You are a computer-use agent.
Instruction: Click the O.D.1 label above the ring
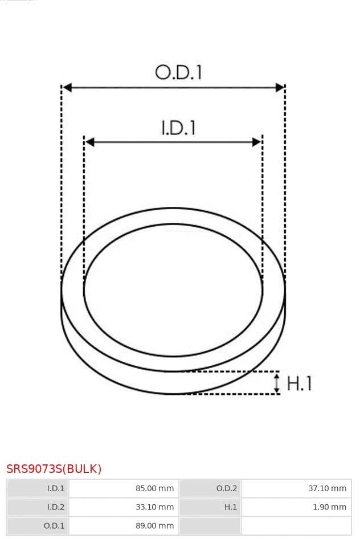(x=179, y=72)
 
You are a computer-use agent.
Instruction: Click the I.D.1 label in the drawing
(x=178, y=128)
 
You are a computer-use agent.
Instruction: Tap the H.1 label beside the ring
(x=299, y=383)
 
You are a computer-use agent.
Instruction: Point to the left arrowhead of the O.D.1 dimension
(x=67, y=87)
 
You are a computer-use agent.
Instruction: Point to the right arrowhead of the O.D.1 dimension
(x=280, y=87)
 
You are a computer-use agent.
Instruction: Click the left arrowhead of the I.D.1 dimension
(x=89, y=142)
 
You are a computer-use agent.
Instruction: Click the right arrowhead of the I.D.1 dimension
(x=256, y=142)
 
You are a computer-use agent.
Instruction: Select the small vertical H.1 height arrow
(x=277, y=383)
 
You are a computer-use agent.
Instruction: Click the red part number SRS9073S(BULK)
(x=54, y=469)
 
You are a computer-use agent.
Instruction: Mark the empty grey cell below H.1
(x=210, y=526)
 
